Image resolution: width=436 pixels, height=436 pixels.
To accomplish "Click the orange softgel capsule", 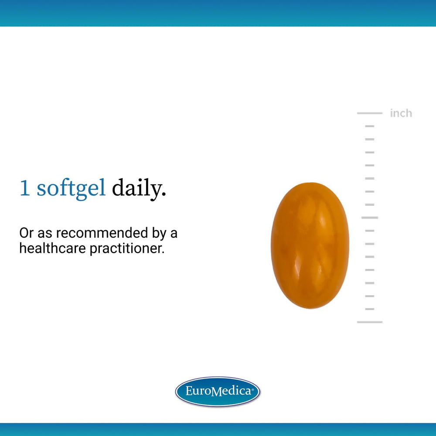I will coord(310,245).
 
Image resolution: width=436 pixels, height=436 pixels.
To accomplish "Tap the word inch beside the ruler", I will coord(401,113).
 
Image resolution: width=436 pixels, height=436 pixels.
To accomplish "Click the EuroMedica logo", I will coord(218,391).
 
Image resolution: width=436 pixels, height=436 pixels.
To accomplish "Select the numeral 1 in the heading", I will coord(25,188).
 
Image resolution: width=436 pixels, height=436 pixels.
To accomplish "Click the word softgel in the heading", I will coord(71,189).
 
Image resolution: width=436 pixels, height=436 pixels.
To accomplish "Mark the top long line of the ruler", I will coord(370,113).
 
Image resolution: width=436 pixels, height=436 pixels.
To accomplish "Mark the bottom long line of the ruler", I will coord(370,322).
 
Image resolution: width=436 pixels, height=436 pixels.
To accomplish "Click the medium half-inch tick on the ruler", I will coord(370,217).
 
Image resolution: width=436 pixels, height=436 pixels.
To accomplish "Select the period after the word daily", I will coord(164,194).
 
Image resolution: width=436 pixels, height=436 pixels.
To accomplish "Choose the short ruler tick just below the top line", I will coord(370,126).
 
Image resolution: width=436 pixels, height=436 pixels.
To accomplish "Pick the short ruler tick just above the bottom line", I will coord(370,309).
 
